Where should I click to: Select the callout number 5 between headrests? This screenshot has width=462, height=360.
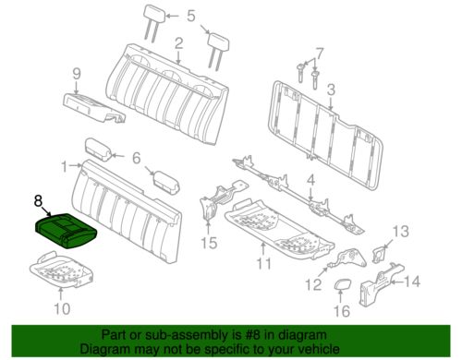190,16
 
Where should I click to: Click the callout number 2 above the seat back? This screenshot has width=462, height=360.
177,42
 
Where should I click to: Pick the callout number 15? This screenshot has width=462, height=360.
210,244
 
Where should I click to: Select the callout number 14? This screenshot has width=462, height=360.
412,281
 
